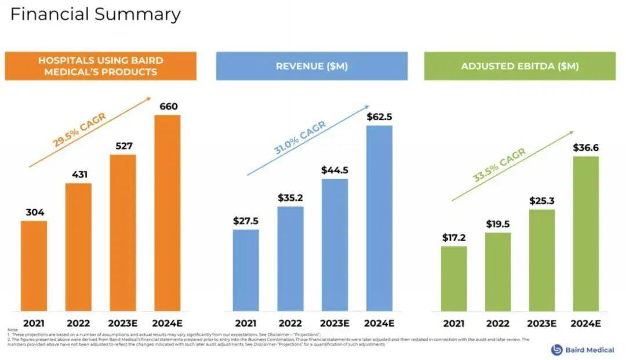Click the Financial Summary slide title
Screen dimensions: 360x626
coord(96,14)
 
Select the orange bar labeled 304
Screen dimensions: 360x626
coord(34,266)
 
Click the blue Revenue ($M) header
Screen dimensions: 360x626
coord(312,66)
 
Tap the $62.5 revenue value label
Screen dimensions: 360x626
coord(379,117)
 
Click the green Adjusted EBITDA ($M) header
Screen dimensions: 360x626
coord(520,66)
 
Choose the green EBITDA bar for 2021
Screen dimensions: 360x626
coord(453,278)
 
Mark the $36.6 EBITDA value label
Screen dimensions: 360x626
coord(585,148)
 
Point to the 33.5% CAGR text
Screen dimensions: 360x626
coord(498,166)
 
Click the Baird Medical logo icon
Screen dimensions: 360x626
coord(557,350)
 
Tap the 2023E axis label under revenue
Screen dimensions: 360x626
coord(334,323)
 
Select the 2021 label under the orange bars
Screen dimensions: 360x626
coord(34,323)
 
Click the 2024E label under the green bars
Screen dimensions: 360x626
coord(586,323)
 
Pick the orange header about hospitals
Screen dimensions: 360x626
coord(101,66)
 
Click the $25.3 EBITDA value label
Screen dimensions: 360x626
coord(542,201)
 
